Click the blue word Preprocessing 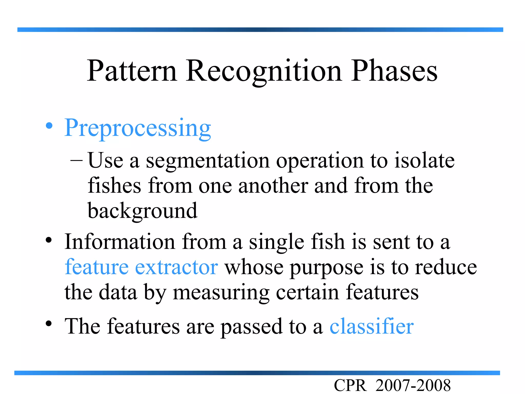coord(138,128)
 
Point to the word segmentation coord(208,161)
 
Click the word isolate coord(424,161)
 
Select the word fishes coord(114,186)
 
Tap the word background coord(143,211)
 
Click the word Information coord(120,242)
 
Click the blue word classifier coord(371,326)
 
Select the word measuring coord(221,293)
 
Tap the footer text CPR coord(350,386)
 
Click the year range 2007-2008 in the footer coord(413,386)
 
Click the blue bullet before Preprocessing coord(49,126)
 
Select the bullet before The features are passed coord(49,324)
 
